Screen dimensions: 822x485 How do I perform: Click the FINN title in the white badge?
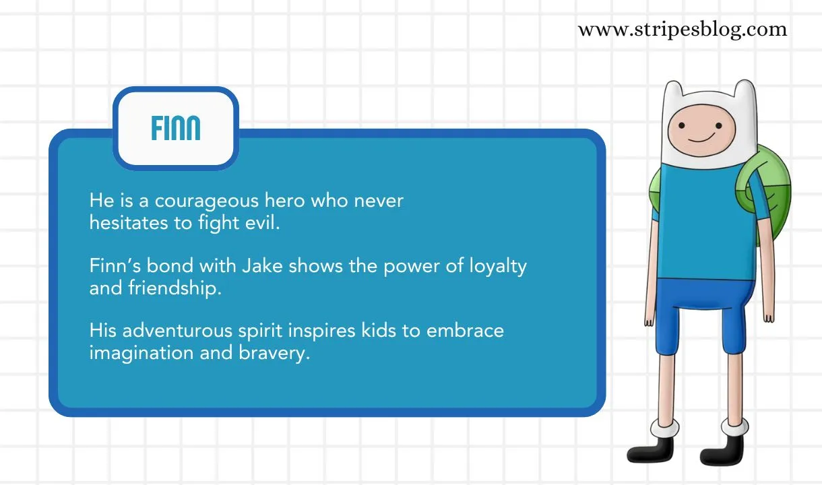[176, 128]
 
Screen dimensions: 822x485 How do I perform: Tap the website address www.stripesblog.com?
[683, 30]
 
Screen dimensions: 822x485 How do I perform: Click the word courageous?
[207, 201]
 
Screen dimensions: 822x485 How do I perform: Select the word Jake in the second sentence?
[262, 265]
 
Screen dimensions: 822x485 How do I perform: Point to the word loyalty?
[498, 267]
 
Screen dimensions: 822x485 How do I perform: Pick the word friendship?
[175, 288]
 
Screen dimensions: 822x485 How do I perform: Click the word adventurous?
[177, 331]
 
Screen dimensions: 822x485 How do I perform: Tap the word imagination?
[141, 353]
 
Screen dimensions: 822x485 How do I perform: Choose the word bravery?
[274, 353]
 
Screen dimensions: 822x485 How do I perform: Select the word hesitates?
[129, 223]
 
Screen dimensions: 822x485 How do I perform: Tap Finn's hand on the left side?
[649, 320]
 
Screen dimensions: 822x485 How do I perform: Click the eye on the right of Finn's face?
[719, 126]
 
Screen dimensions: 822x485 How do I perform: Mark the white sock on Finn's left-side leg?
[664, 428]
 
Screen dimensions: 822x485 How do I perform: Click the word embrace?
[465, 331]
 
